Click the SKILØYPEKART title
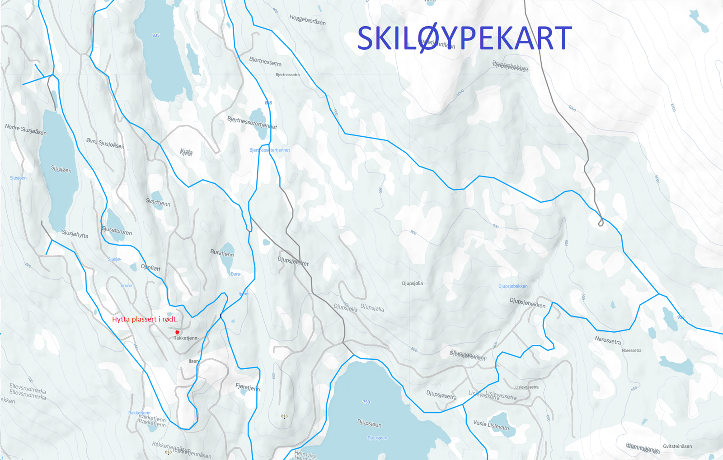(x=464, y=38)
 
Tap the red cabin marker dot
(x=177, y=332)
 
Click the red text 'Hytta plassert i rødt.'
(x=145, y=319)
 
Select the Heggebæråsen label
(x=307, y=20)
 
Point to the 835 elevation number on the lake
(x=156, y=35)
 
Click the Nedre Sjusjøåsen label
(x=26, y=130)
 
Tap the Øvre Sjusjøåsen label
(x=105, y=143)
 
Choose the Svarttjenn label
(x=158, y=202)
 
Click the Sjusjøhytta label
(x=75, y=234)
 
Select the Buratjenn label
(x=222, y=253)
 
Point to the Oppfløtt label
(x=150, y=268)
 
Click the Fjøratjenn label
(x=248, y=387)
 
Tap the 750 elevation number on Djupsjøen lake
(x=366, y=402)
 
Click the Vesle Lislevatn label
(x=491, y=425)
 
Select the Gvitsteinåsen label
(x=677, y=446)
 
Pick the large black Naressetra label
(x=608, y=340)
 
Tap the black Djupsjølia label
(x=412, y=283)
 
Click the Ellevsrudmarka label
(x=28, y=391)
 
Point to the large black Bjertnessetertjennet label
(x=252, y=122)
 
